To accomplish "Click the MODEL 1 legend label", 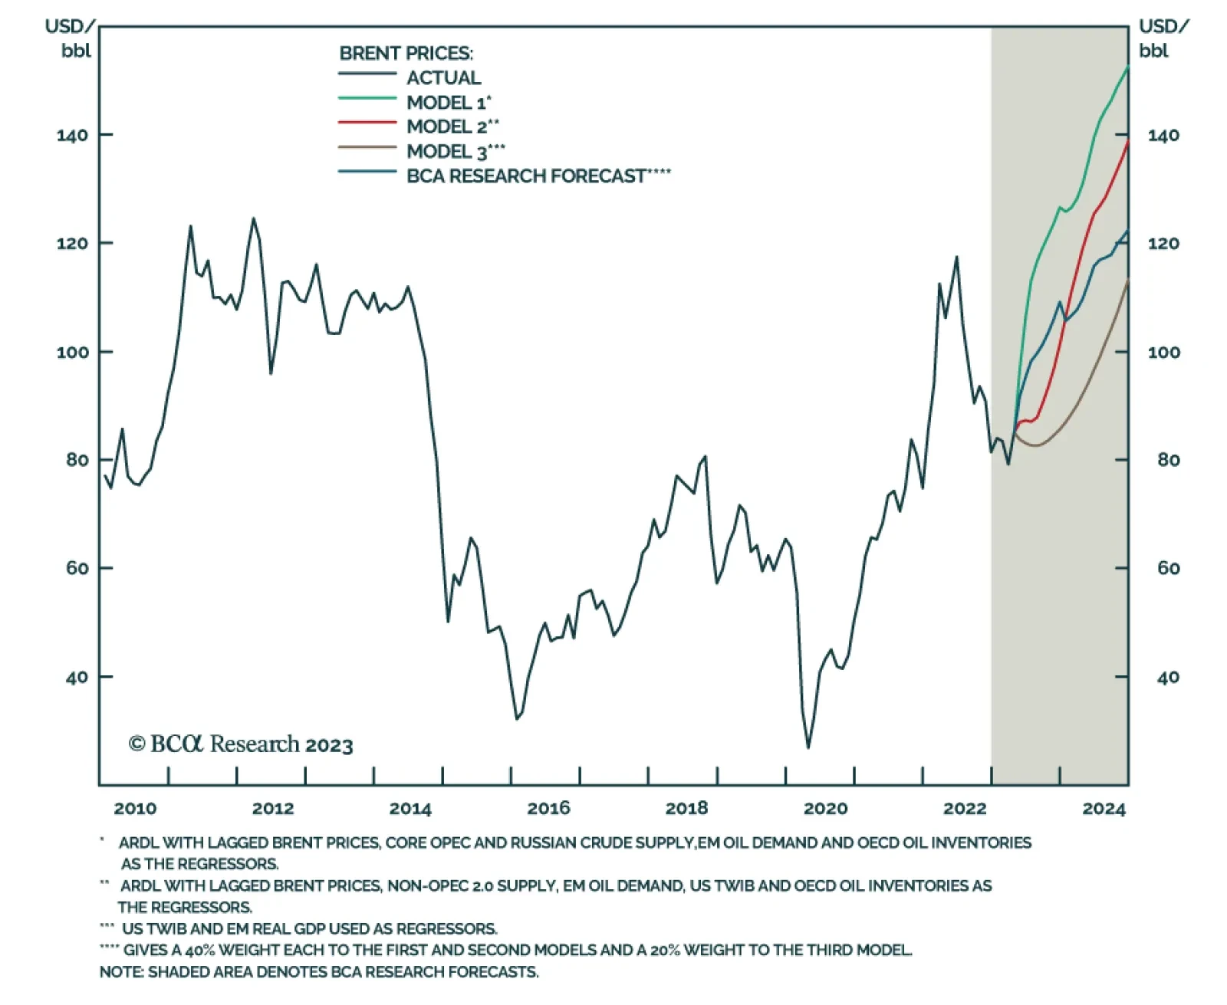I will click(x=449, y=103).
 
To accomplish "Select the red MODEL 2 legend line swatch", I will click(x=367, y=123).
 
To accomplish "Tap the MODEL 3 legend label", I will click(x=456, y=152).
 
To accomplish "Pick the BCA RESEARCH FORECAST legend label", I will click(x=538, y=176).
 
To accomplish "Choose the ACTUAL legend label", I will click(x=443, y=78).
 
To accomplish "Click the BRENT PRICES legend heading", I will click(x=406, y=54).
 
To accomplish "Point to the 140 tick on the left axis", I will click(x=72, y=136).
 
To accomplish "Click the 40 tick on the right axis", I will click(x=1167, y=678).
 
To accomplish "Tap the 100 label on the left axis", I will click(x=72, y=353).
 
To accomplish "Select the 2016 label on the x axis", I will click(x=548, y=808).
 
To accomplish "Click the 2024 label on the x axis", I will click(x=1104, y=808).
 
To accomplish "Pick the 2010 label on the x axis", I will click(x=135, y=808).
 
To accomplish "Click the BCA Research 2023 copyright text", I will click(x=241, y=744).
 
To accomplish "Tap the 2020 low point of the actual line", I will click(x=808, y=747).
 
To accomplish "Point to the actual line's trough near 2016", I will click(x=517, y=718).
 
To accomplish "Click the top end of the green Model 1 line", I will click(x=1127, y=67).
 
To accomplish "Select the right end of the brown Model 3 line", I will click(x=1127, y=281).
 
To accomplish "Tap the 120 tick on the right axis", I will click(x=1163, y=244).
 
